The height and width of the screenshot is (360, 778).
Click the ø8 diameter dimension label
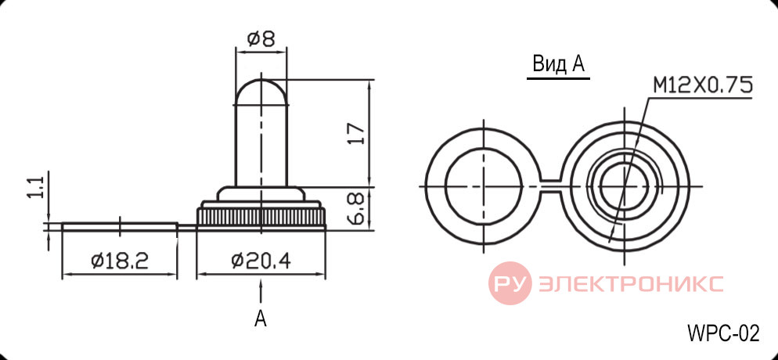(x=261, y=38)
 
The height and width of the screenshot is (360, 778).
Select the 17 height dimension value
(x=357, y=133)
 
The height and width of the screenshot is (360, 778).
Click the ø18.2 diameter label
(x=120, y=261)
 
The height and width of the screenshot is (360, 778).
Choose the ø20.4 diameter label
(x=261, y=261)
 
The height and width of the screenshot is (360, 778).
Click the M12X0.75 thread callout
(x=702, y=85)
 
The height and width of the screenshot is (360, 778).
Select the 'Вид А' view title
(x=558, y=64)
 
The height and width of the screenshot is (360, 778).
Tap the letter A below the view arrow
(x=261, y=319)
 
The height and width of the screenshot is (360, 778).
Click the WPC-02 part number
(x=723, y=333)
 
